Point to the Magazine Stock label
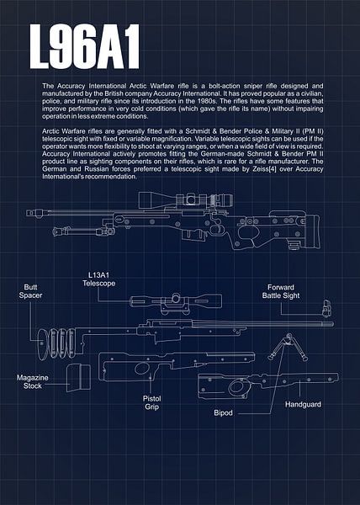tap(34, 384)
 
